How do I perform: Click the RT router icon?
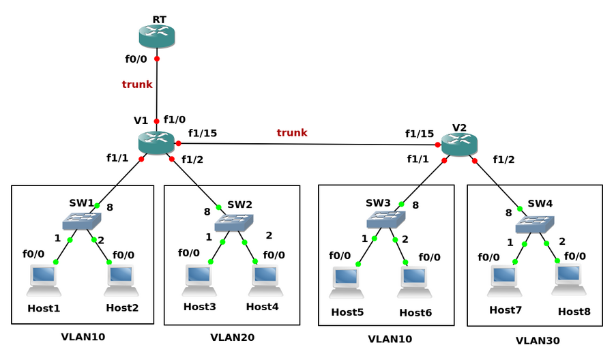tap(157, 36)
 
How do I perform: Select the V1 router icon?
tap(156, 142)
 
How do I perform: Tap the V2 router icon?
tap(459, 144)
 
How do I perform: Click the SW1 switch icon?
tap(81, 221)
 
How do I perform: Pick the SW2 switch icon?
tap(234, 222)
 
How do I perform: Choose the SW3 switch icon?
tap(385, 220)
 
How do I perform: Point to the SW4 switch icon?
tap(535, 224)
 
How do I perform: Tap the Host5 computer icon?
tap(347, 283)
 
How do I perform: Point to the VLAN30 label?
tap(538, 341)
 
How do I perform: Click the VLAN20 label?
tap(233, 337)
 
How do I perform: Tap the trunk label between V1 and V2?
tap(292, 133)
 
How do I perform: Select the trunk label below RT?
tap(137, 85)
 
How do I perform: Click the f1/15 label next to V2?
tap(420, 134)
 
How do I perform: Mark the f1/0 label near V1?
tap(175, 119)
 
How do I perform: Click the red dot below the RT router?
tap(157, 59)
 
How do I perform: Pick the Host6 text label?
tap(415, 312)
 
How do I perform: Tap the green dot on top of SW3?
tap(402, 204)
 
